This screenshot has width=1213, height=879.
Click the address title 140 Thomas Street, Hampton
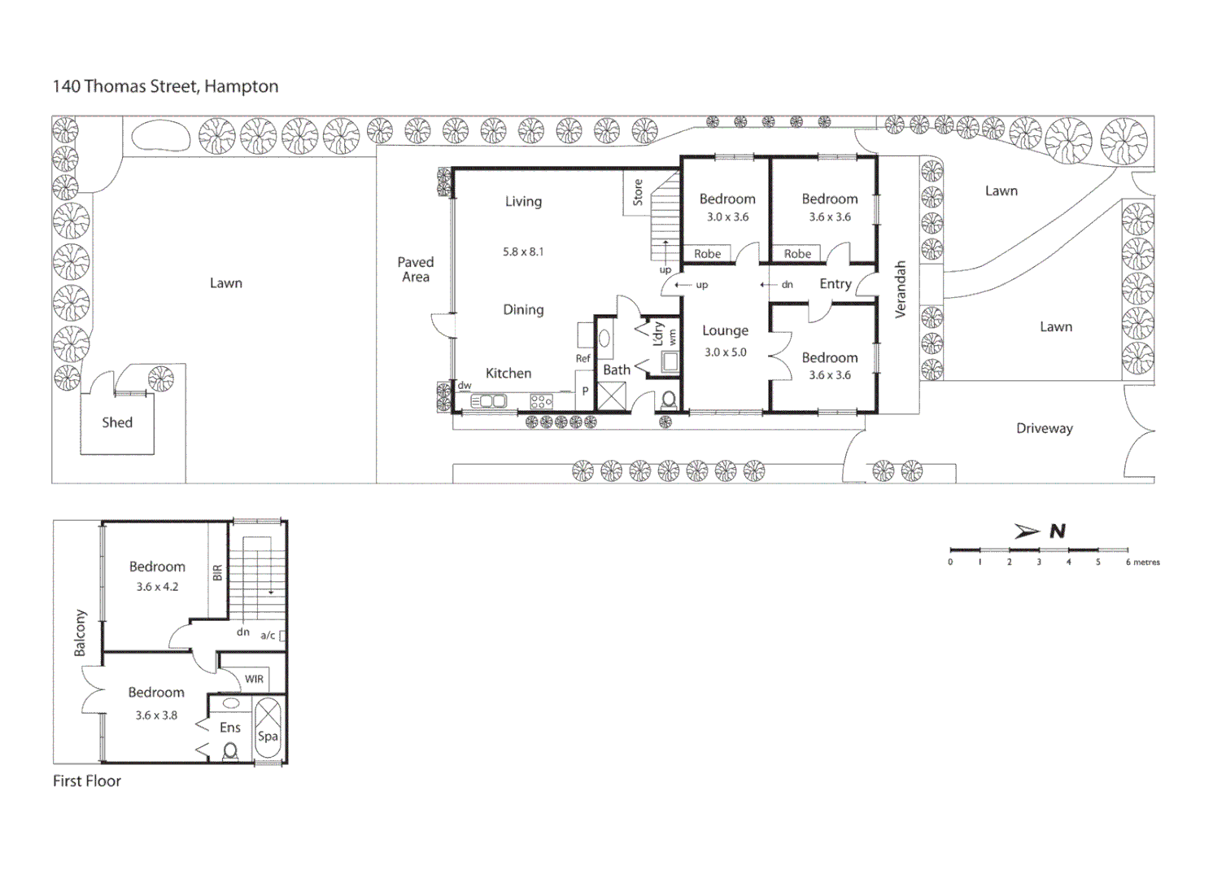point(165,86)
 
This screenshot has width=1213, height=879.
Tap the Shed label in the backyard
point(117,422)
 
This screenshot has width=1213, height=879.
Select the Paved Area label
point(415,269)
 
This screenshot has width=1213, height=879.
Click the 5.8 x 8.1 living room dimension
point(522,252)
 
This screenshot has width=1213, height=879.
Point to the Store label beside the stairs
point(638,192)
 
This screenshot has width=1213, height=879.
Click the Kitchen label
point(508,374)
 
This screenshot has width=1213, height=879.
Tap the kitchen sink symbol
point(488,401)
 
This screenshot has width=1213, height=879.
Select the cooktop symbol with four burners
point(541,401)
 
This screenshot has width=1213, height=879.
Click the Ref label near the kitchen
point(583,358)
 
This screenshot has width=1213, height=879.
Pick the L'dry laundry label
point(657,334)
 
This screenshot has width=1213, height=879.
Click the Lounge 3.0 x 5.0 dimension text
point(725,352)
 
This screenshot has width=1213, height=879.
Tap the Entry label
point(836,284)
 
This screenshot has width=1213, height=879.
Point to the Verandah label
point(901,289)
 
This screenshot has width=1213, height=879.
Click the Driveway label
point(1044,428)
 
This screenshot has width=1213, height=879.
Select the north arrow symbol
point(1028,531)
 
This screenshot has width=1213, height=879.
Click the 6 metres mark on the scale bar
point(1128,562)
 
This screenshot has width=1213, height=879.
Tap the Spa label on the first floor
point(268,736)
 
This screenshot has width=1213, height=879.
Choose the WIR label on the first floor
point(254,679)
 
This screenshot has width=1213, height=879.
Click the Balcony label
point(80,632)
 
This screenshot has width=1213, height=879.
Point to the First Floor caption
point(87,781)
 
